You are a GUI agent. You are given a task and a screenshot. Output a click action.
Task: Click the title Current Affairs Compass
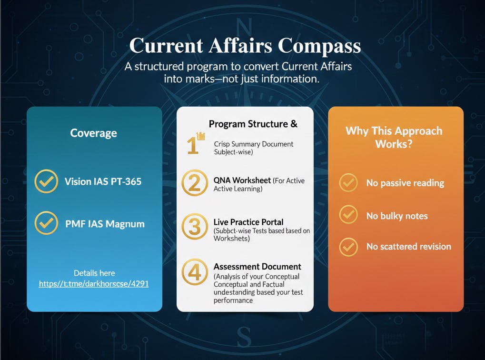(x=245, y=46)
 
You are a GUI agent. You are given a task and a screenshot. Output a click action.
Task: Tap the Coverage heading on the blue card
(x=94, y=133)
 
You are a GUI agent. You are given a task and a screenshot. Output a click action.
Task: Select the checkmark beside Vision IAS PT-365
(x=47, y=181)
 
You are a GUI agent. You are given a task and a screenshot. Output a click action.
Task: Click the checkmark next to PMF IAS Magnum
(x=47, y=223)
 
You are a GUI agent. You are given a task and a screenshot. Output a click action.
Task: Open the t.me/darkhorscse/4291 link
(x=94, y=284)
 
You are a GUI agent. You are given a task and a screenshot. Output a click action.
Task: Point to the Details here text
(x=94, y=273)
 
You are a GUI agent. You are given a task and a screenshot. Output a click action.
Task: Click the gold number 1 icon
(x=195, y=144)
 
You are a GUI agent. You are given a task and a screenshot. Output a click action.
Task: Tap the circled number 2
(x=195, y=184)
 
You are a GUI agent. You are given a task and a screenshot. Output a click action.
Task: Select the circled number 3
(x=195, y=227)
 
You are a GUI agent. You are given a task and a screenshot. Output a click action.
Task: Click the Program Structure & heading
(x=253, y=124)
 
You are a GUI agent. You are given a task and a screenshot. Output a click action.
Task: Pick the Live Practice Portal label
(x=248, y=222)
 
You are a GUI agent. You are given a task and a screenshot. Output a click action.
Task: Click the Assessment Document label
(x=257, y=266)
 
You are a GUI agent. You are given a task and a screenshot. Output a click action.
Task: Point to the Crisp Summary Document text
(x=254, y=144)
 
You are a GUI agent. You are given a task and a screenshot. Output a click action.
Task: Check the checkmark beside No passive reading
(x=348, y=183)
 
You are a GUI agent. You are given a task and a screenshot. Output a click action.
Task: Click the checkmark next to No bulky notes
(x=348, y=215)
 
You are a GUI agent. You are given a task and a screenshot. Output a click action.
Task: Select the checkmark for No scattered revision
(x=348, y=247)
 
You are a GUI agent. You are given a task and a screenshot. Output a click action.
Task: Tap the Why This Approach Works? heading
(x=394, y=137)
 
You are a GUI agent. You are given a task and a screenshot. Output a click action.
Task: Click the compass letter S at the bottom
(x=243, y=336)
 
